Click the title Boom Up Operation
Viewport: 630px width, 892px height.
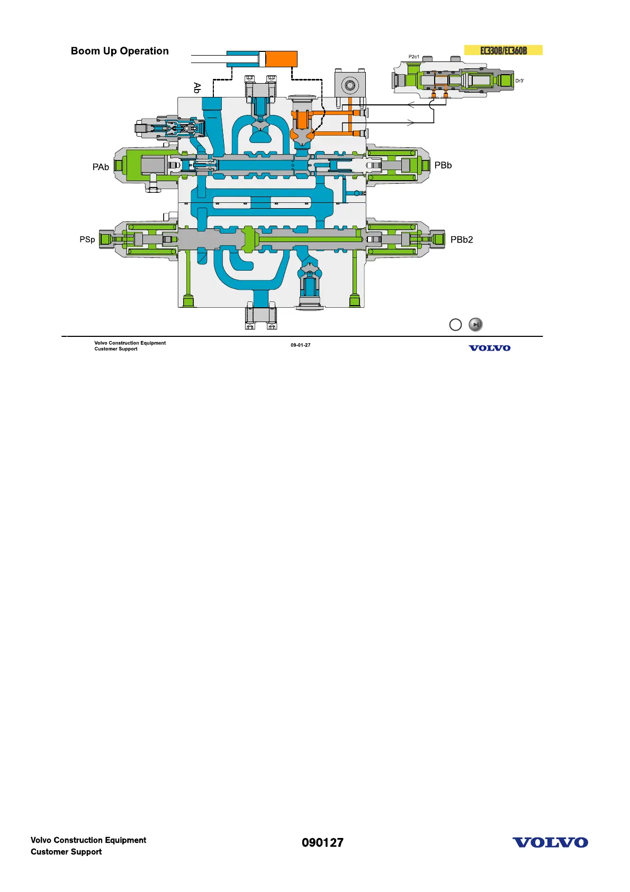pos(120,51)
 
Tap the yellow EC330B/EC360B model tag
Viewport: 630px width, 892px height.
pos(503,50)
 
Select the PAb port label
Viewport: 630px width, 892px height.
pos(101,167)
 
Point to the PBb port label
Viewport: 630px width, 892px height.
pos(443,165)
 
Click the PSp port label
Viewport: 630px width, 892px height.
pos(87,239)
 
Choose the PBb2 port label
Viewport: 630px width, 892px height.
pos(461,239)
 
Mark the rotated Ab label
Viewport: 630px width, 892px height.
pos(197,87)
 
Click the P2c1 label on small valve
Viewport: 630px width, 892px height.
pos(413,57)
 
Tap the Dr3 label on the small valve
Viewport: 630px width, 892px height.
pos(519,81)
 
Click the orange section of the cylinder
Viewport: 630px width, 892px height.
pos(281,59)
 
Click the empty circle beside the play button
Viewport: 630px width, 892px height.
pos(455,325)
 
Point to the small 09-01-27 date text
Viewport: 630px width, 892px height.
pos(300,345)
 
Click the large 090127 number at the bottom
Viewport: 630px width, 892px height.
pos(322,843)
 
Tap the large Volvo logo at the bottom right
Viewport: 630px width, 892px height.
pos(550,843)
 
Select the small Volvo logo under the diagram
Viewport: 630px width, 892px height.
pos(489,348)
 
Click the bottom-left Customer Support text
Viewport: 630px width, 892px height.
pos(66,852)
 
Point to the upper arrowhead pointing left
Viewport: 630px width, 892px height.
pos(411,104)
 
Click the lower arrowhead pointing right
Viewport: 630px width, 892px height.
pos(410,123)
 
